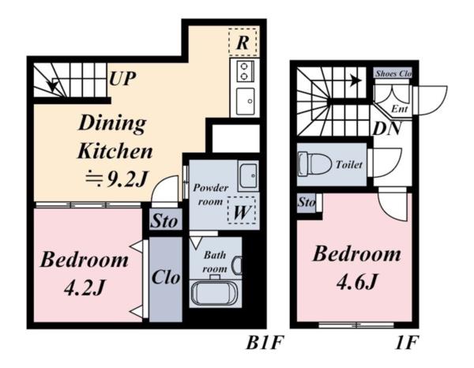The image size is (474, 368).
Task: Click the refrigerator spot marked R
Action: click(x=243, y=43)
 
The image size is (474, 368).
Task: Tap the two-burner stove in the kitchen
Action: click(x=245, y=71)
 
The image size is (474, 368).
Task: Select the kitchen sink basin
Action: click(x=245, y=101)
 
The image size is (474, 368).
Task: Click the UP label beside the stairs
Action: click(x=122, y=79)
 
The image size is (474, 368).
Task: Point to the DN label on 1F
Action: click(x=386, y=129)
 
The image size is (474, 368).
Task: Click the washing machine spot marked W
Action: click(x=242, y=210)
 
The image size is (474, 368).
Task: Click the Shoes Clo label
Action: click(x=393, y=73)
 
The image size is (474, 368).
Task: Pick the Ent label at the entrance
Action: click(x=399, y=108)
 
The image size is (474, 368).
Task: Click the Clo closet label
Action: click(x=166, y=276)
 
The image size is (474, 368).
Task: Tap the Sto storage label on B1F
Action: click(x=164, y=221)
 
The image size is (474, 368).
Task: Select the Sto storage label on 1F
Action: click(x=307, y=202)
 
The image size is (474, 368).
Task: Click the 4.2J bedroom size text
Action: click(x=85, y=287)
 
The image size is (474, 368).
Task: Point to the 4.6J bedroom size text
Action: click(x=357, y=282)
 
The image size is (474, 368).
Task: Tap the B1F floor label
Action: click(x=265, y=343)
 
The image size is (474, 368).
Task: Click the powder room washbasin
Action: click(x=248, y=176)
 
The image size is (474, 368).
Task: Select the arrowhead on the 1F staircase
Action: click(x=356, y=81)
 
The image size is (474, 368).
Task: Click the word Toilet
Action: click(x=349, y=165)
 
